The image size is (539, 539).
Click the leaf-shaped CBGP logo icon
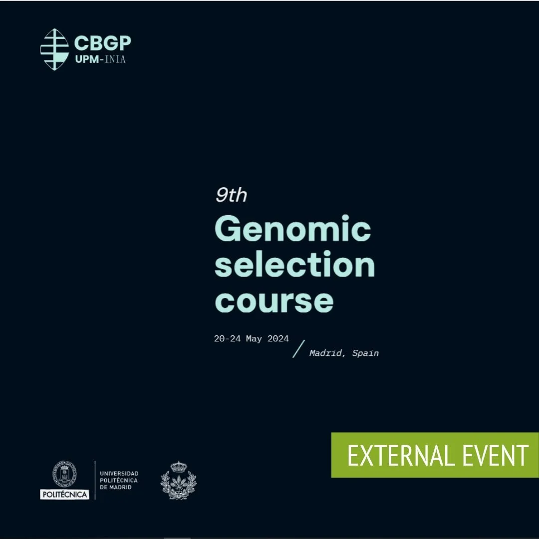click(x=54, y=49)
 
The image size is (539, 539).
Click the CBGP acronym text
click(x=102, y=43)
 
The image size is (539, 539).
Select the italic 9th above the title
click(x=231, y=195)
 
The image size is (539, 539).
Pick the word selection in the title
click(x=294, y=265)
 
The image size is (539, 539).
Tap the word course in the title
click(x=274, y=300)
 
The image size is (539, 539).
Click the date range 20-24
click(x=229, y=338)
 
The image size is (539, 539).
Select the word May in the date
click(x=254, y=338)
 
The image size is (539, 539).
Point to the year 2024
click(x=278, y=338)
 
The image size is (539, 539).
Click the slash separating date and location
click(x=298, y=348)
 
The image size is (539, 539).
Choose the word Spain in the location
click(x=365, y=353)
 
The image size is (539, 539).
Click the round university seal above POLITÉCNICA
click(x=64, y=474)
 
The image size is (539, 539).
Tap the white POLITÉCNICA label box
click(x=64, y=495)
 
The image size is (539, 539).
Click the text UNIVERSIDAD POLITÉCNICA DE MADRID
click(x=119, y=480)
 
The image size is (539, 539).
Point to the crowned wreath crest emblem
click(x=178, y=480)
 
